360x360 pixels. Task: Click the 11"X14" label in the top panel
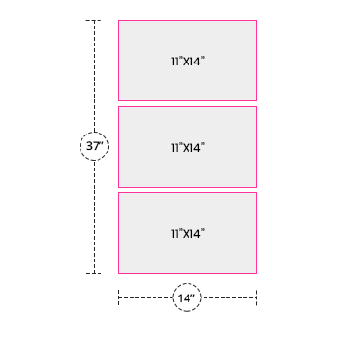188,62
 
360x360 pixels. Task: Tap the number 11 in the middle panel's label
175,148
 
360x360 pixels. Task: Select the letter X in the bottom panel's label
187,234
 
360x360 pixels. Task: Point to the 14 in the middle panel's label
196,148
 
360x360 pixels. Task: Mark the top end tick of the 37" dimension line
94,21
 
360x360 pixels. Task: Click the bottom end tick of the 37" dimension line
94,273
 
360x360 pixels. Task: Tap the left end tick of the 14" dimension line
119,297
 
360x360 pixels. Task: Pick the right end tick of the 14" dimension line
256,297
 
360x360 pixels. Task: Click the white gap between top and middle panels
188,104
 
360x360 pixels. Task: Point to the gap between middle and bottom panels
188,190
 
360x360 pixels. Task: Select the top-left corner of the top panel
119,21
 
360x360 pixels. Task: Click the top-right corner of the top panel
256,21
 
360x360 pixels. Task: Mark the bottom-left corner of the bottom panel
119,273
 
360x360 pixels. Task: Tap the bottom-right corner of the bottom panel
256,273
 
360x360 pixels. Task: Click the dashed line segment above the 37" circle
94,76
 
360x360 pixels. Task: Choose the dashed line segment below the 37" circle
94,217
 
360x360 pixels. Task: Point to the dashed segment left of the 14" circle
146,297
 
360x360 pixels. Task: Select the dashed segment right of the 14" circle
228,297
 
